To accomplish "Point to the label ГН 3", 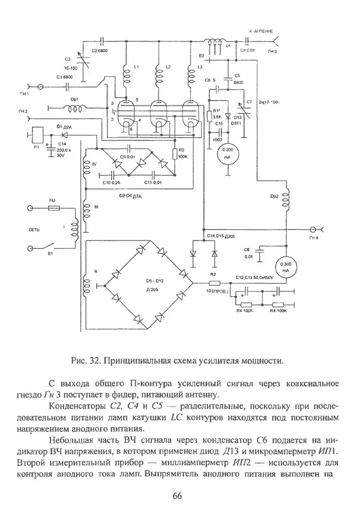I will pos(273,52).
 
